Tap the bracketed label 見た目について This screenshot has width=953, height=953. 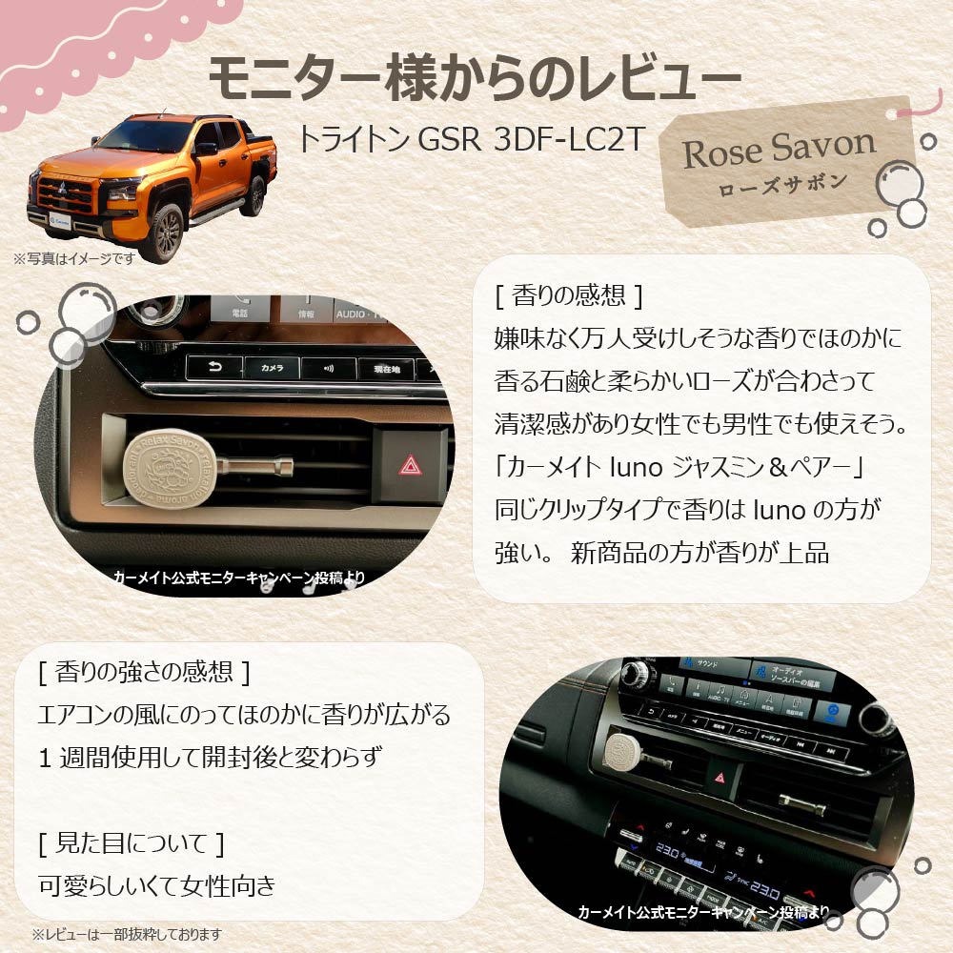point(132,843)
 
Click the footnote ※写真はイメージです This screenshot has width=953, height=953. point(74,257)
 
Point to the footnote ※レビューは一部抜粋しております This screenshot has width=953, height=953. point(127,933)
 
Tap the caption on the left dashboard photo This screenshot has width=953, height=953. point(238,578)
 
